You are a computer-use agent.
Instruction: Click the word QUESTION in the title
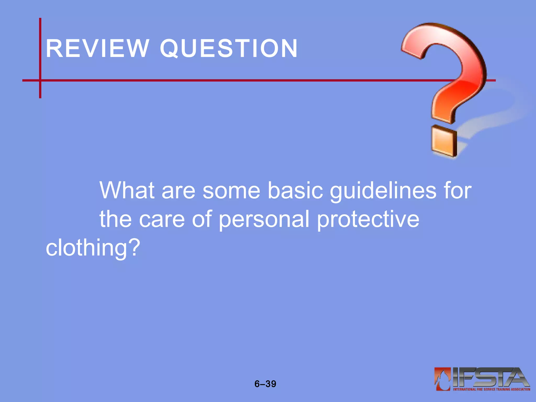[x=229, y=49]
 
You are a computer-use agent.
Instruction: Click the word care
[x=162, y=219]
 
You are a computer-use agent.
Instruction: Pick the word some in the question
[x=231, y=191]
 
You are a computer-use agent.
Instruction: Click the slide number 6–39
[x=265, y=384]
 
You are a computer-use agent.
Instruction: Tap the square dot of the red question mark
[x=444, y=142]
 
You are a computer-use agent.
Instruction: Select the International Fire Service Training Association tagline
[x=492, y=389]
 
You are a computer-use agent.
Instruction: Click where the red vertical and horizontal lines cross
[x=40, y=80]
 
